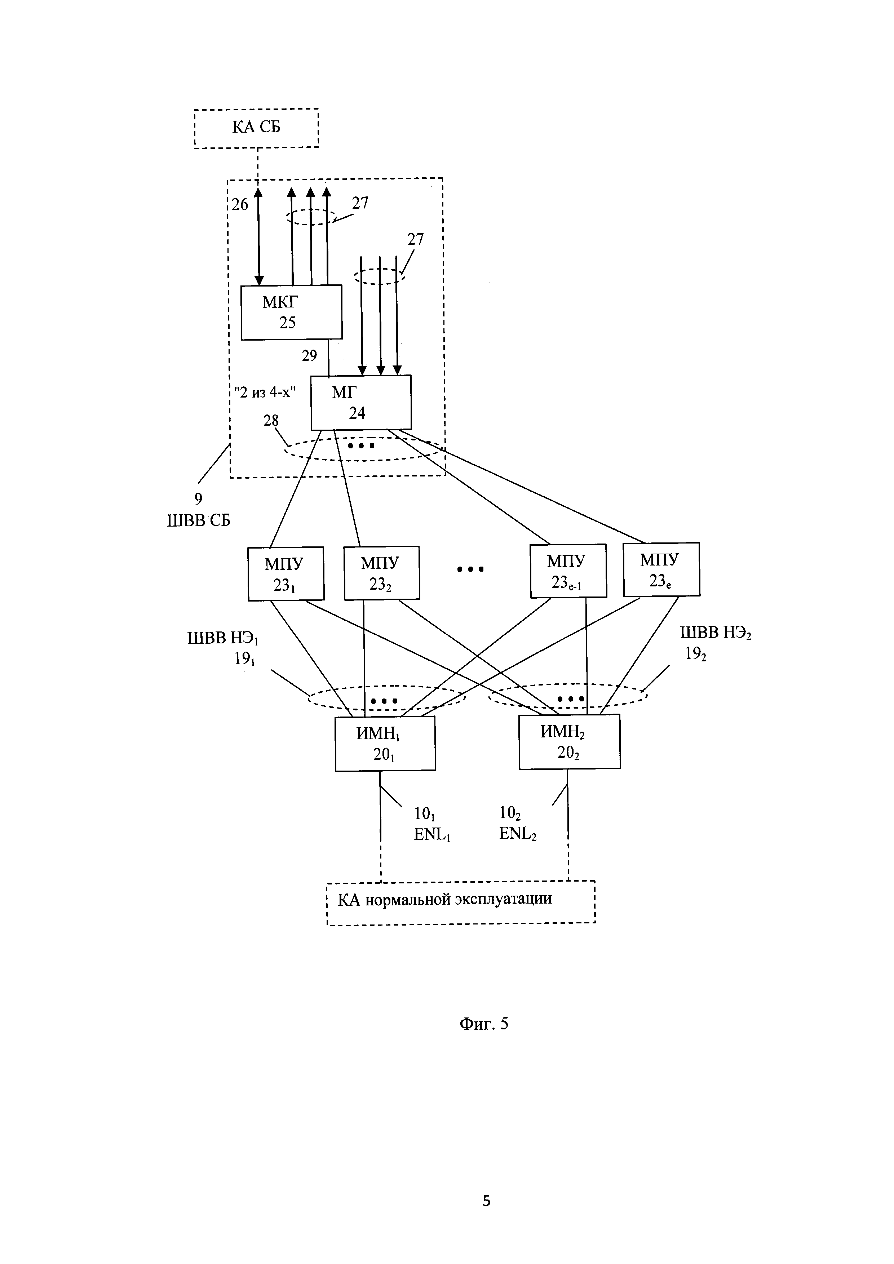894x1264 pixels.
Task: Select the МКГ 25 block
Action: (291, 312)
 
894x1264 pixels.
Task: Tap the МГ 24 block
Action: (360, 403)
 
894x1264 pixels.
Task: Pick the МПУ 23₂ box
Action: (381, 573)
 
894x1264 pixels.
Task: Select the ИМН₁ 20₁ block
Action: (385, 744)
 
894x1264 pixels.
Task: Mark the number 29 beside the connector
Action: (309, 356)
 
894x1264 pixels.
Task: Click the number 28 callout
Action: (271, 421)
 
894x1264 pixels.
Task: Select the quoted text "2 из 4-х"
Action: (265, 392)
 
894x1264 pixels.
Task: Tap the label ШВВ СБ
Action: (199, 520)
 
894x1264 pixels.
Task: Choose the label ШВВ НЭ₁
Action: (223, 639)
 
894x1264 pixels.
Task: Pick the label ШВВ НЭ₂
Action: (715, 634)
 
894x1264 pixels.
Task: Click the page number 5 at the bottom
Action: (487, 1201)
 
